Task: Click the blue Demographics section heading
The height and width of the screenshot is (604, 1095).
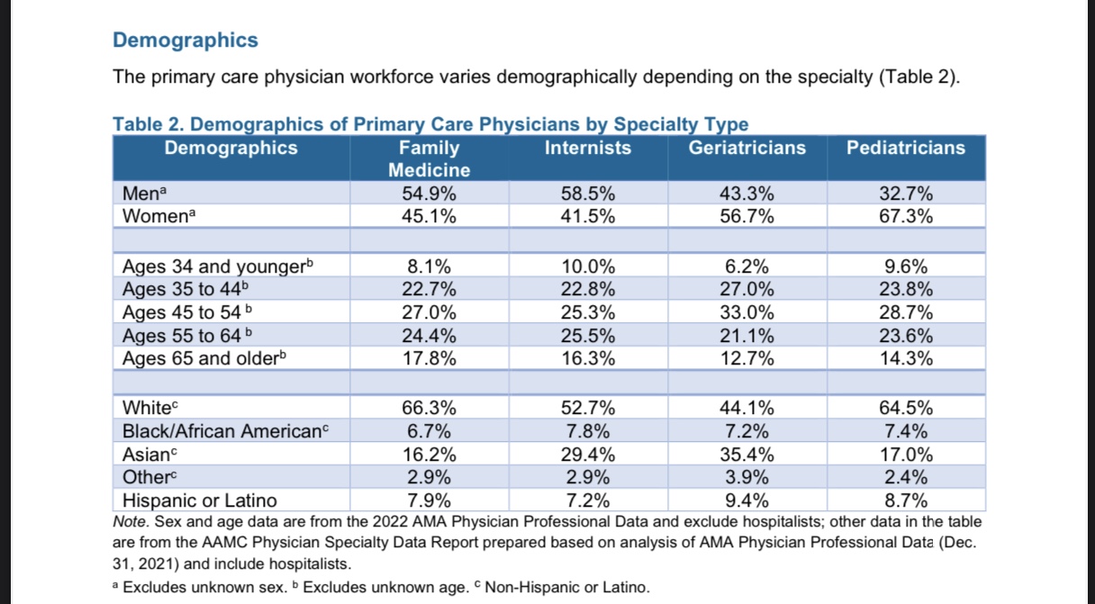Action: tap(186, 41)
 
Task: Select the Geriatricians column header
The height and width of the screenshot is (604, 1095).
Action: tap(747, 148)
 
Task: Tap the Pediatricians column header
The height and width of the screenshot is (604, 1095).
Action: tap(906, 148)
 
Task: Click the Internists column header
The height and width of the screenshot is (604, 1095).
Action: tap(588, 148)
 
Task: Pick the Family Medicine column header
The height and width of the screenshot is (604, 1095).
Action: tap(430, 158)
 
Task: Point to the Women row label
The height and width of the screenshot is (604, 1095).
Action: tap(158, 216)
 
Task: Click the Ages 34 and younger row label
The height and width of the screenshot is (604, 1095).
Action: tap(218, 266)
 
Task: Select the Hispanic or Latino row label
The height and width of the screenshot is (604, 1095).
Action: tap(199, 500)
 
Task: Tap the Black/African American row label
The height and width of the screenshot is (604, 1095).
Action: tap(225, 431)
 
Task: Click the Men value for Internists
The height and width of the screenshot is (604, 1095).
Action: tap(588, 194)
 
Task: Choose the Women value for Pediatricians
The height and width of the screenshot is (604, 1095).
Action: tap(906, 216)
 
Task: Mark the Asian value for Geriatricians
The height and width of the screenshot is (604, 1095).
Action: tap(747, 455)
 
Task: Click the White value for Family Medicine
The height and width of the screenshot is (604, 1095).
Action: tap(430, 408)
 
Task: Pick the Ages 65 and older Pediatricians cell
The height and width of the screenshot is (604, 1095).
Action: tap(906, 358)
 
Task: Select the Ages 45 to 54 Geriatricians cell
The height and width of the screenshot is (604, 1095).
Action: tap(747, 312)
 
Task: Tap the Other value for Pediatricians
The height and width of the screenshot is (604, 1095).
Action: tap(906, 477)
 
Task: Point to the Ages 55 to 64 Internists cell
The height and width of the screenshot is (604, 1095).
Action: tap(588, 336)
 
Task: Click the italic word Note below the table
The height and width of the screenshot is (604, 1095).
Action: tap(131, 522)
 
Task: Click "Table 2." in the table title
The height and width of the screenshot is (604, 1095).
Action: tap(149, 124)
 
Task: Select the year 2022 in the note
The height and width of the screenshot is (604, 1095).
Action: tap(390, 522)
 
